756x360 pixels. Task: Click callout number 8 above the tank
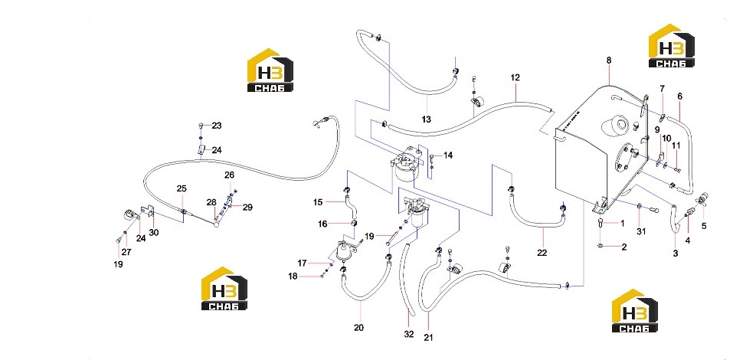coord(609,61)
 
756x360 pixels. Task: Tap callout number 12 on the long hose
coord(515,77)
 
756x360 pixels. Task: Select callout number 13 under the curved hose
coord(426,119)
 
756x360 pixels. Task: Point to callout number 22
coord(542,253)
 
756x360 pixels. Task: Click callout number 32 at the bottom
coord(409,333)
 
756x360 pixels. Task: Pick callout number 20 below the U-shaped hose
coord(358,328)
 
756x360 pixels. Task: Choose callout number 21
coord(429,338)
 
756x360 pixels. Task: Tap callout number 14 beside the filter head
coord(448,155)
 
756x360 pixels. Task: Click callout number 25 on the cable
coord(182,188)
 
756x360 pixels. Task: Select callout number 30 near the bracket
coord(154,232)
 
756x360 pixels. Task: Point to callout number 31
coord(641,231)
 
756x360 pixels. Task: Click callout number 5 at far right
coord(704,225)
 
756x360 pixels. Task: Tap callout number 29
coord(248,208)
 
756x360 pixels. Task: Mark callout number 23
coord(217,126)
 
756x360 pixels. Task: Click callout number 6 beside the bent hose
coord(680,97)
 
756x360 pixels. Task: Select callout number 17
coord(302,263)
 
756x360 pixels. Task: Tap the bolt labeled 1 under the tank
coord(601,222)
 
